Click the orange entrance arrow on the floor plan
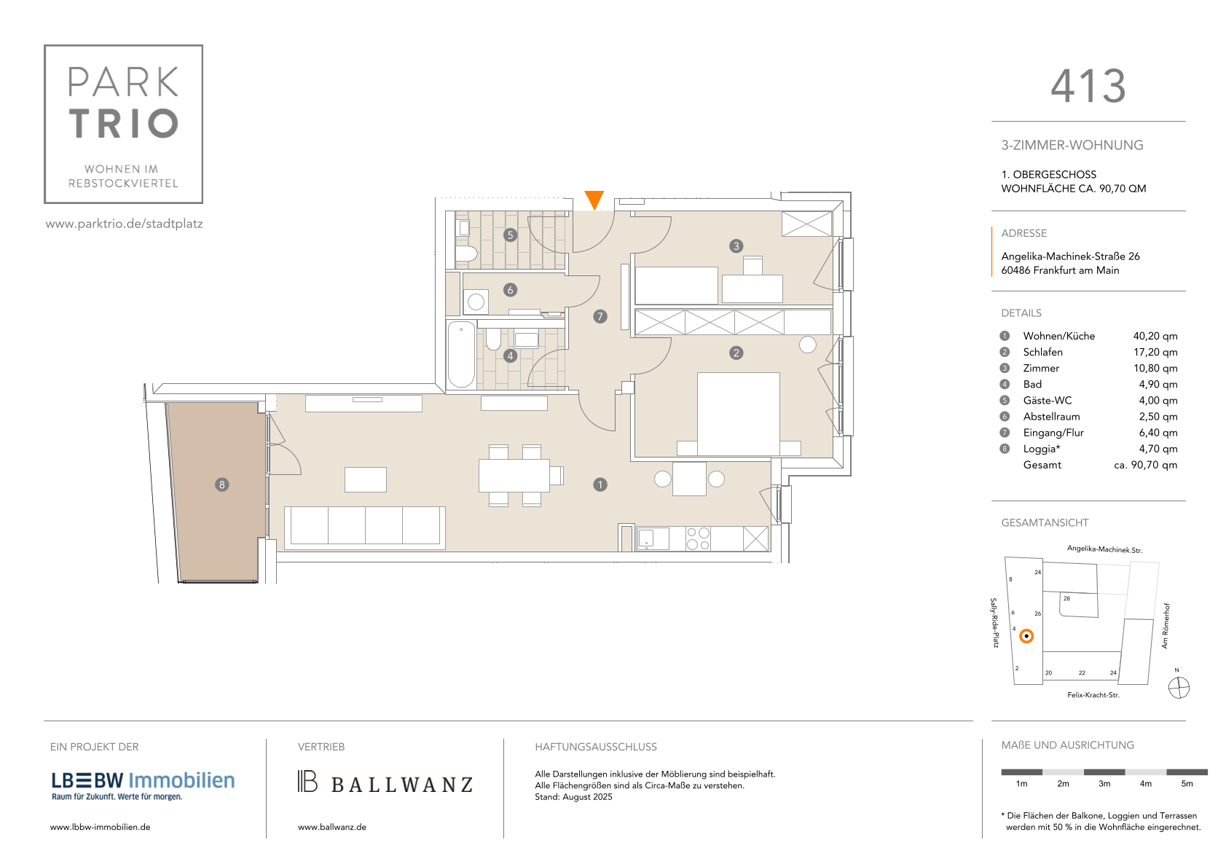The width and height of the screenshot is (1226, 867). coord(594,199)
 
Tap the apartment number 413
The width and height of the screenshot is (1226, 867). coord(1088,86)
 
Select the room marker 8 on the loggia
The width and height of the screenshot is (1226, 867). coord(221,484)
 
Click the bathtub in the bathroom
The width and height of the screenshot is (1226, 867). coord(461,355)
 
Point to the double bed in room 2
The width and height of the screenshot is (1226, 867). coord(739,414)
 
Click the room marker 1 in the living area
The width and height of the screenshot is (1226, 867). coord(600,484)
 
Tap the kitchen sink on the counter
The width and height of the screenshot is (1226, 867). coord(653,538)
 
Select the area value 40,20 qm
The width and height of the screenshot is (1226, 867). coord(1155,336)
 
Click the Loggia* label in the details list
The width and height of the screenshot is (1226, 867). coord(1042,449)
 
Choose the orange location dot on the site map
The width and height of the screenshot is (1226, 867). coord(1027,636)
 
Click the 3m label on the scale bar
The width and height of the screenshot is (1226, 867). coord(1104,784)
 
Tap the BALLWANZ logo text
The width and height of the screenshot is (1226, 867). coord(402,785)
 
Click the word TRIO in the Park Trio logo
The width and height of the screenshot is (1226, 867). coord(124,123)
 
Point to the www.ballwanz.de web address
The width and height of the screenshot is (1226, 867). coord(332,827)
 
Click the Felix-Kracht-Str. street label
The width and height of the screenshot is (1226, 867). coord(1093,695)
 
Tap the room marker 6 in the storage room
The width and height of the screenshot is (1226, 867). coord(510,289)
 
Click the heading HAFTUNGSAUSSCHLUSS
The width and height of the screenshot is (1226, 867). coord(595,747)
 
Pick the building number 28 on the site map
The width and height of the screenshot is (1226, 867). coord(1066,598)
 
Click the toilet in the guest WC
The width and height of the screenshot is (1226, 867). coord(466,254)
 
